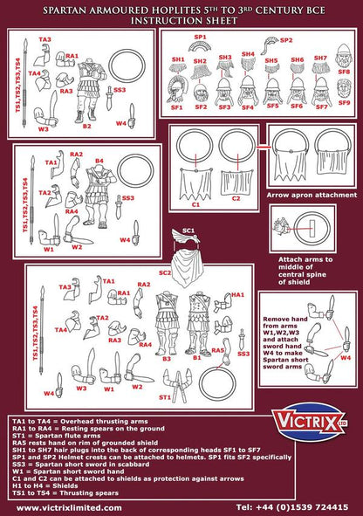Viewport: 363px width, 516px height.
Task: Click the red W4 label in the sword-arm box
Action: point(345,357)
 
